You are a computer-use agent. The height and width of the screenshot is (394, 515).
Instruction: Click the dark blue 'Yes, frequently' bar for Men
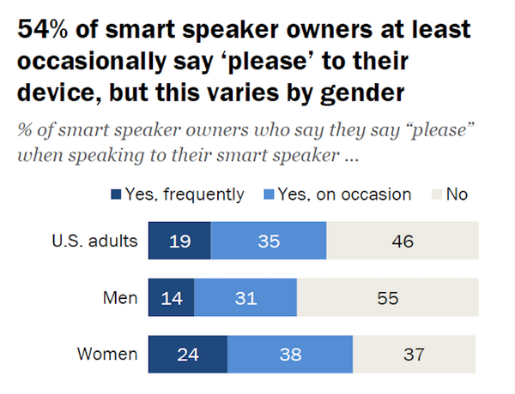click(x=171, y=297)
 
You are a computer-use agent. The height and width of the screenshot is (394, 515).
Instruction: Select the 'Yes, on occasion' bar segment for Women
click(x=290, y=354)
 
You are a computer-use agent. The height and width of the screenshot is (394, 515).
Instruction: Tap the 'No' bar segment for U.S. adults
click(x=401, y=241)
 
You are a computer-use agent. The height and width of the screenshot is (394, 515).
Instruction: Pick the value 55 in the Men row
click(x=385, y=297)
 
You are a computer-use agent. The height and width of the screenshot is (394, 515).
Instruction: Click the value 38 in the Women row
click(x=290, y=354)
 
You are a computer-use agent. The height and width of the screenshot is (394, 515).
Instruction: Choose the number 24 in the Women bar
click(x=187, y=354)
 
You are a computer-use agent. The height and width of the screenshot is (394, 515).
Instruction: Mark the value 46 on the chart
click(x=401, y=241)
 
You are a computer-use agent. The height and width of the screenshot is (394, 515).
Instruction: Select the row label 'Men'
click(x=121, y=297)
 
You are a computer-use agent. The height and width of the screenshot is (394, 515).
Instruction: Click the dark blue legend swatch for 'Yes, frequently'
click(x=117, y=194)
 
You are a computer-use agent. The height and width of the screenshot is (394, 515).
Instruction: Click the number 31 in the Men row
click(x=245, y=297)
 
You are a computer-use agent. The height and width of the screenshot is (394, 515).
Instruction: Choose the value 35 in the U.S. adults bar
click(x=268, y=241)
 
